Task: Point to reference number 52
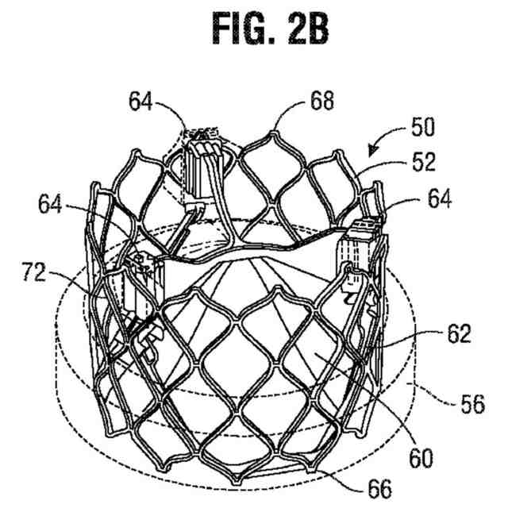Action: coord(425,163)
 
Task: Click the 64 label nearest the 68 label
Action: coord(141,102)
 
